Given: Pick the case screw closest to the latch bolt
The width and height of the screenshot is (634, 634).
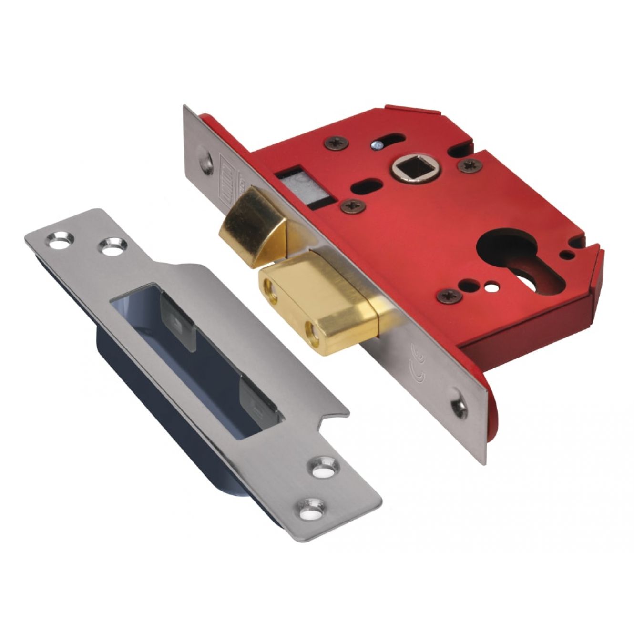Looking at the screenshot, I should tap(353, 205).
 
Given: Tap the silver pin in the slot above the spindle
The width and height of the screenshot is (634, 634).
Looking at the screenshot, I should tap(378, 143).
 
